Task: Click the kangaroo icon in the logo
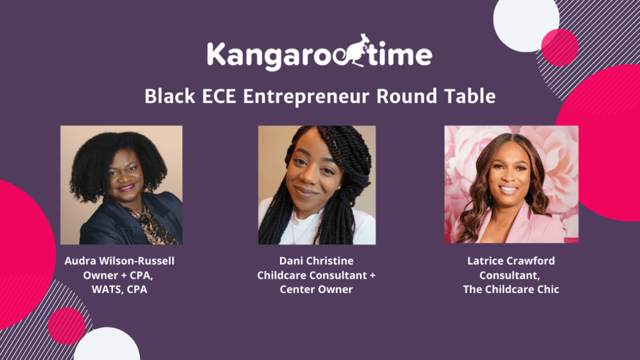coord(354,51)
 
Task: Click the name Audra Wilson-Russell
coord(119,261)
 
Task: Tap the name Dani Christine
coord(316,261)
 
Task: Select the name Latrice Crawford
coord(511,261)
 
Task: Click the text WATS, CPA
coord(119,289)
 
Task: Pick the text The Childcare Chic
coord(511,289)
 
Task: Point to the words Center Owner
coord(316,289)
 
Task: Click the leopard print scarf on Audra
coord(151,224)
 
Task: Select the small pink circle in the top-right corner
coord(559,47)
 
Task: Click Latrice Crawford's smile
coord(509,189)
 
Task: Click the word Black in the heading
coord(170,96)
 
